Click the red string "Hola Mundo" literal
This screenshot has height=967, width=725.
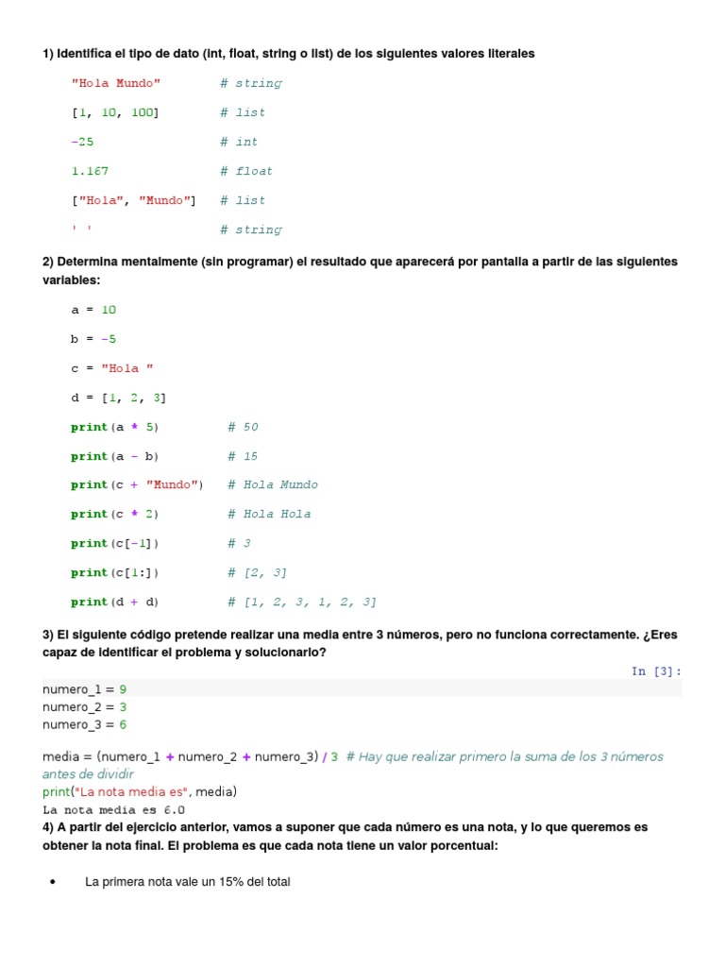(116, 83)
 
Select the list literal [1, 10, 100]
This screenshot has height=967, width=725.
(115, 112)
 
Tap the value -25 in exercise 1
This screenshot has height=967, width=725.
(83, 142)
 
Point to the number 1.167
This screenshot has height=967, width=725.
(90, 171)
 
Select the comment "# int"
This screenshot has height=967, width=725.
(239, 142)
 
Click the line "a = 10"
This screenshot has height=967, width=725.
(93, 310)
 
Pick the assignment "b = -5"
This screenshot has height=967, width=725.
(93, 339)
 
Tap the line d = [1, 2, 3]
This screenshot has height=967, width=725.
(118, 398)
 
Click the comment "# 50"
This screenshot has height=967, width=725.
(243, 427)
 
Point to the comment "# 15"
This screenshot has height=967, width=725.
(243, 456)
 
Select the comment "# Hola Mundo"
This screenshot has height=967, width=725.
(273, 484)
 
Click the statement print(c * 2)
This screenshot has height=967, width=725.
(115, 514)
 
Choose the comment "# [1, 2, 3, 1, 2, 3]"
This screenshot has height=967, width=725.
(302, 602)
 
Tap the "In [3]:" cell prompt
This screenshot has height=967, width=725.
(656, 671)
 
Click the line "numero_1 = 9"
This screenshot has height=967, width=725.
(84, 689)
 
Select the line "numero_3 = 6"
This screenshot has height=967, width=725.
(84, 724)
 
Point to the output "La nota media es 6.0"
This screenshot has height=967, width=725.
(113, 809)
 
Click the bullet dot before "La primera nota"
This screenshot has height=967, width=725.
(52, 882)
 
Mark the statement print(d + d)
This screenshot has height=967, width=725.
(115, 602)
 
